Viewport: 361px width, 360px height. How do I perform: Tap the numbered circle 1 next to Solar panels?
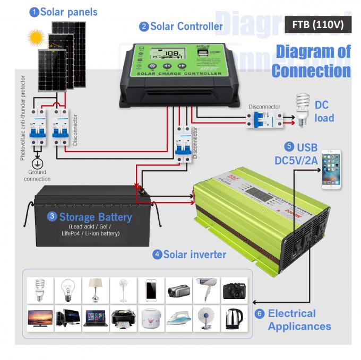tap(34, 12)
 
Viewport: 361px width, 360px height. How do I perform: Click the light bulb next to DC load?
tap(303, 109)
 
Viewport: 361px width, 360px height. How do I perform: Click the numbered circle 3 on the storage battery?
tap(53, 216)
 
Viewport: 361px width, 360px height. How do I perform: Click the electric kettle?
tap(234, 319)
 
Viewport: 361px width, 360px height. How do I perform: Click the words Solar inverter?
tap(194, 254)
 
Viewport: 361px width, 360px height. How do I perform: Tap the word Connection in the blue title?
tap(311, 71)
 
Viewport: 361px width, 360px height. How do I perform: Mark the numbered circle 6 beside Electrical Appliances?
tap(260, 313)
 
